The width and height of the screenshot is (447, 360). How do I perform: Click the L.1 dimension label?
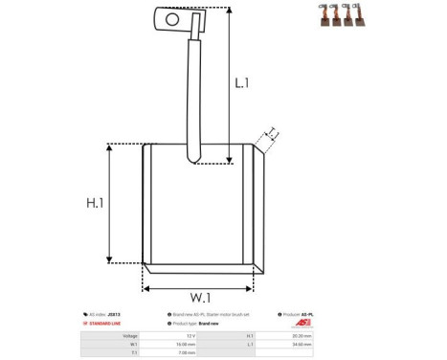(x=243, y=84)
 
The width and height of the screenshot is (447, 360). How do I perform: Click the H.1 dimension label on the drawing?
(x=95, y=204)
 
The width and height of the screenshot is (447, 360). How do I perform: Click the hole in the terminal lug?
(x=172, y=17)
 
